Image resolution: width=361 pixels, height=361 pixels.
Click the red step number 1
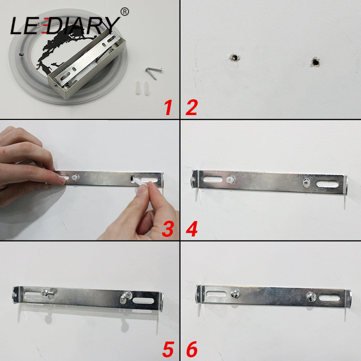168,107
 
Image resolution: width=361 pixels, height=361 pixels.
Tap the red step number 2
191,107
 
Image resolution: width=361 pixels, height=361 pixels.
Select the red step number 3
168,229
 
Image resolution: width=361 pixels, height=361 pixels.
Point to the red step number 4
192,229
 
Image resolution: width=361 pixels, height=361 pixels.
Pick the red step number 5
168,349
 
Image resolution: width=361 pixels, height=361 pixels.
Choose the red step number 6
192,349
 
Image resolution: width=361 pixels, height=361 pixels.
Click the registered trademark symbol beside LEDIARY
125,12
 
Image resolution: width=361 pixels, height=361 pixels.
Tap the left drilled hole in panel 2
235,58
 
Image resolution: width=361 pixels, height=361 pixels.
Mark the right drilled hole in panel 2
315,62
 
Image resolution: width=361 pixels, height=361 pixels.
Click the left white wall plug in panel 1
138,88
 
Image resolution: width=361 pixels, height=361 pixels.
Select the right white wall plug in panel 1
146,88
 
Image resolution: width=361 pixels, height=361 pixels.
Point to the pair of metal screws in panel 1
153,73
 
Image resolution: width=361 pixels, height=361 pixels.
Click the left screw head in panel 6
235,294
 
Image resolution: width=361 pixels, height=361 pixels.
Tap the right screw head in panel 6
311,296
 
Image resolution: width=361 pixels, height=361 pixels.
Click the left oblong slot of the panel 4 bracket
213,179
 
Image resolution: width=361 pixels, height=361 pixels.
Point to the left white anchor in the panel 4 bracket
231,179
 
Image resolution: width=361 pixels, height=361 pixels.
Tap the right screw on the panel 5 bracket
125,296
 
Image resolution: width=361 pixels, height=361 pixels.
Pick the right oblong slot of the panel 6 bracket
329,298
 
